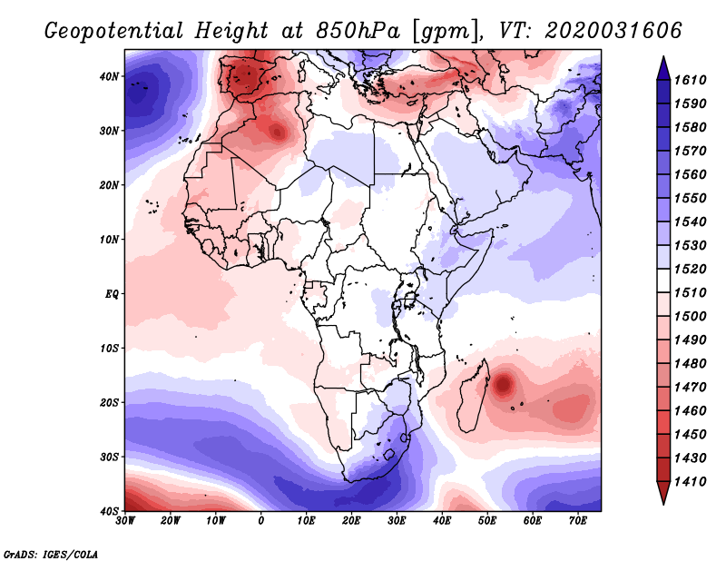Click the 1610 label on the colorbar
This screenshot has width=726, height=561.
[x=696, y=79]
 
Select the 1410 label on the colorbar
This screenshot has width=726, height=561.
[x=696, y=481]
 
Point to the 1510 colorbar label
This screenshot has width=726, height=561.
[x=696, y=292]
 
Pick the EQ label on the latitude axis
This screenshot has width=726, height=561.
[x=111, y=294]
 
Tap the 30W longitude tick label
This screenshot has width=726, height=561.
[x=125, y=521]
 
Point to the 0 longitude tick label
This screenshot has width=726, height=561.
[x=261, y=521]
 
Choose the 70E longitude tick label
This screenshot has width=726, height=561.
[x=577, y=521]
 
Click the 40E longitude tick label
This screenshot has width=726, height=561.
[x=442, y=521]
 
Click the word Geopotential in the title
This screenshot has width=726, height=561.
[x=114, y=31]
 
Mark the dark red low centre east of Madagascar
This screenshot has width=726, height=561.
[x=505, y=384]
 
